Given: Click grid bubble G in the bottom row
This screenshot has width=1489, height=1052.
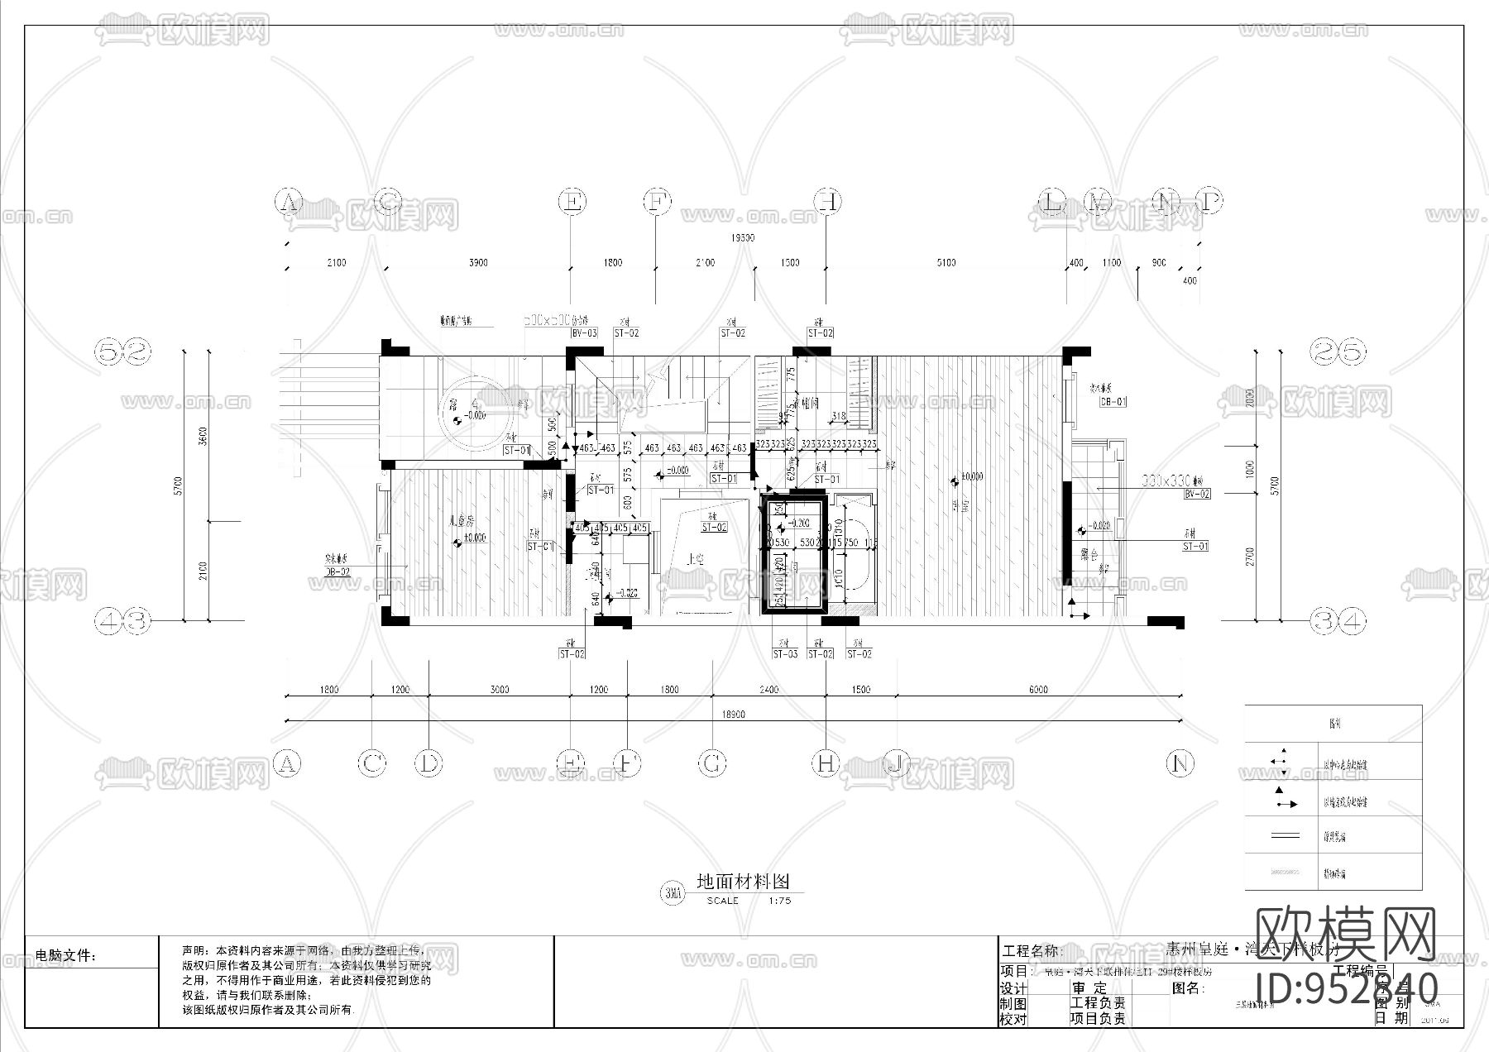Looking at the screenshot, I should (x=713, y=763).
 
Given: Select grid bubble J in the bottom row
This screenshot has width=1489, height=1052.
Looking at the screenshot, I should (x=897, y=763).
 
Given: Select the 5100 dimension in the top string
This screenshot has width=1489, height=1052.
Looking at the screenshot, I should (x=946, y=263).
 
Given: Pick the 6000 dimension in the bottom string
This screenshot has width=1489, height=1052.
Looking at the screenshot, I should (x=1038, y=689).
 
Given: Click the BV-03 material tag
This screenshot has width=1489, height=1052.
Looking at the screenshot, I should (x=584, y=333).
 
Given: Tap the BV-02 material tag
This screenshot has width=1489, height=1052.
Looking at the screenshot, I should (x=1197, y=494).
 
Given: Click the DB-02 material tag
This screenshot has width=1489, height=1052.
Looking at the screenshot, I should (x=337, y=571).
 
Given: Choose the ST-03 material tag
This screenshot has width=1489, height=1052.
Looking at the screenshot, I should (x=785, y=654).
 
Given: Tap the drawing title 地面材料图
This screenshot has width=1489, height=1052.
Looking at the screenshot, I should (x=743, y=882).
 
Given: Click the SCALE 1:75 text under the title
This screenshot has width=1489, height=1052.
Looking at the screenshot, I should (x=748, y=901).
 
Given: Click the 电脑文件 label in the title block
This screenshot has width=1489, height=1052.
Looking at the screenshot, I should (x=66, y=956).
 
